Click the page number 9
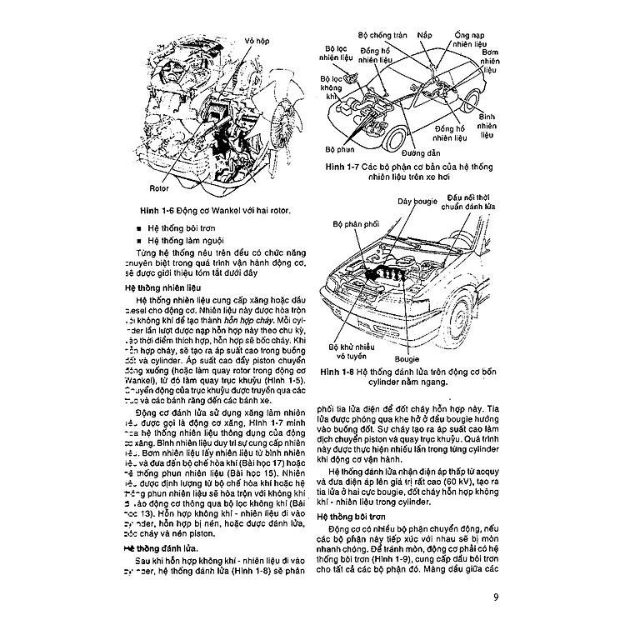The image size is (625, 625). pyautogui.click(x=496, y=596)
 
